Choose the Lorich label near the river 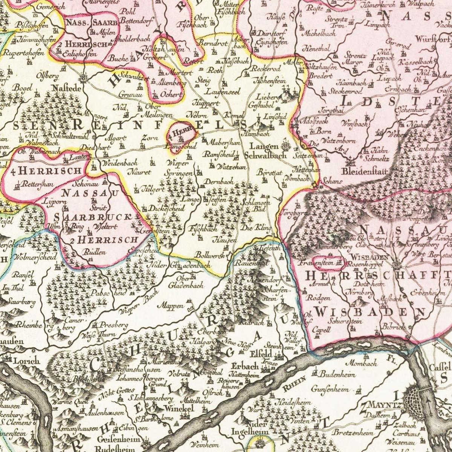click(x=26, y=360)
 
